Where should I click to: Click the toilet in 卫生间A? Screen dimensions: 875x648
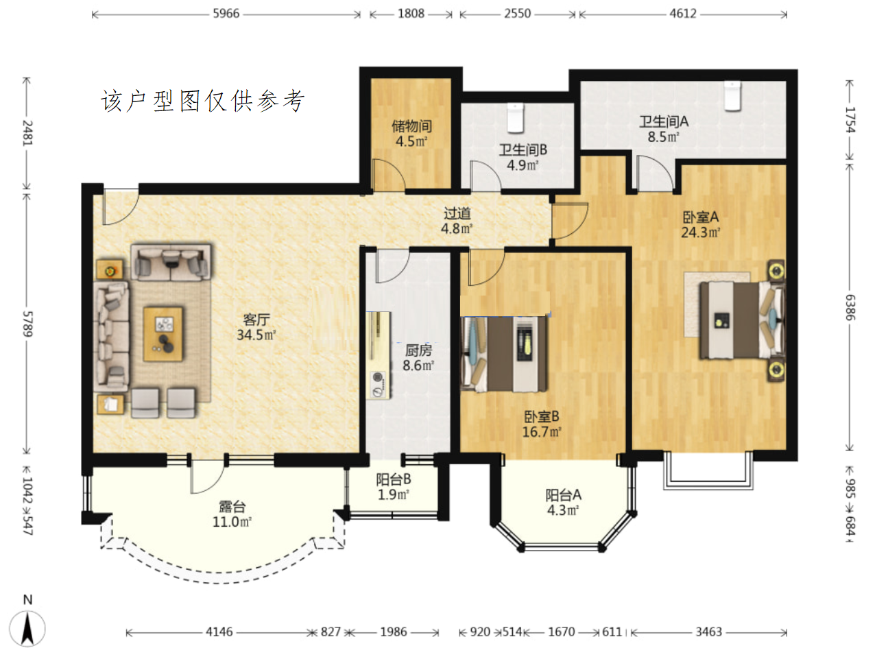click(x=732, y=95)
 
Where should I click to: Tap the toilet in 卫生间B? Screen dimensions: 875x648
click(x=515, y=118)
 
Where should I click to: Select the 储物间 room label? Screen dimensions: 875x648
click(x=411, y=126)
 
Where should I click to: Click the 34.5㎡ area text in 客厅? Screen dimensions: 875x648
click(x=256, y=335)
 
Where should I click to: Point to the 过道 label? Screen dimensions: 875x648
click(x=457, y=213)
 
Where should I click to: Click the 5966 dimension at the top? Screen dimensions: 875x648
click(x=226, y=14)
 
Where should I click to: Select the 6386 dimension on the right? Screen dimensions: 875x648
click(x=850, y=307)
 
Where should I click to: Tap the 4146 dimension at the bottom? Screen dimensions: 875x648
click(x=219, y=632)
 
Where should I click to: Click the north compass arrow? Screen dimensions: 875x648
click(x=27, y=628)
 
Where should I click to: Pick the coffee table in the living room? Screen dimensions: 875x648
click(x=163, y=334)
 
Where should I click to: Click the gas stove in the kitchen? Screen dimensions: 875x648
click(x=379, y=383)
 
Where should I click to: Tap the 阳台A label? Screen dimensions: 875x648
click(x=564, y=495)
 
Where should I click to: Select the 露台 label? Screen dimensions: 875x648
click(x=232, y=507)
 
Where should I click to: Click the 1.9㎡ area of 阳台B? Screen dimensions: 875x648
click(x=394, y=495)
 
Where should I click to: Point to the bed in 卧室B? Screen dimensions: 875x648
click(x=505, y=354)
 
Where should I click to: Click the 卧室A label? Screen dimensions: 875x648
click(x=701, y=217)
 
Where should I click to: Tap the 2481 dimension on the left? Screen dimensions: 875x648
click(x=27, y=134)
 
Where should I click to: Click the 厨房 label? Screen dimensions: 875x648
click(x=418, y=350)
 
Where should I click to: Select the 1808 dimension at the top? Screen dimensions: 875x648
click(x=411, y=14)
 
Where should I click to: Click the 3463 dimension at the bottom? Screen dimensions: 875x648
click(x=709, y=632)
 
